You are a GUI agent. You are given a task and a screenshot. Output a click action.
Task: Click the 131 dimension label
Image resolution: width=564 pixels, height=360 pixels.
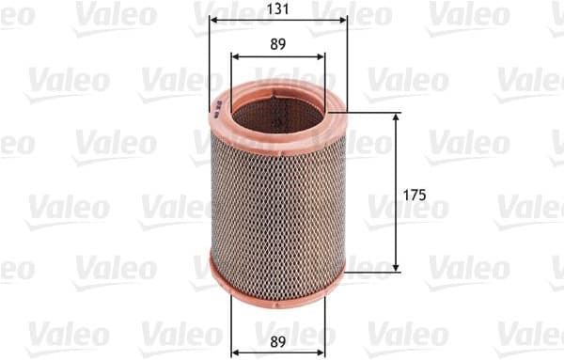[x=278, y=8]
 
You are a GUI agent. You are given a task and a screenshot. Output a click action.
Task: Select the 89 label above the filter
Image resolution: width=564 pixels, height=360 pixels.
[x=278, y=44]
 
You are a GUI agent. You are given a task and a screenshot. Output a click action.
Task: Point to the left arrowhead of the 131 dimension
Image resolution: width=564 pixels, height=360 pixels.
[x=213, y=19]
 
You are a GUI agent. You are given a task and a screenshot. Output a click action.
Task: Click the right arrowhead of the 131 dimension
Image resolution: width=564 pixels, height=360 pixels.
[x=343, y=19]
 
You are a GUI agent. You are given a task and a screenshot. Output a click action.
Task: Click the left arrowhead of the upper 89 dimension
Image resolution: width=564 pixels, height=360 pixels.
[x=235, y=56]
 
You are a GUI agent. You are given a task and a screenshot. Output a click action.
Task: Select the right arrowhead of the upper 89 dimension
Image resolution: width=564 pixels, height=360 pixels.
[x=321, y=56]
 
